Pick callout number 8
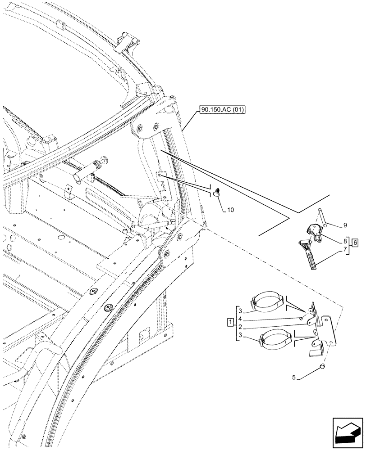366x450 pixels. (x=344, y=241)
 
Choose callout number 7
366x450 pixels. (x=344, y=249)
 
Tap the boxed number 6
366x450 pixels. (x=356, y=243)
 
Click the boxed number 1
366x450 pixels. (x=230, y=322)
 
